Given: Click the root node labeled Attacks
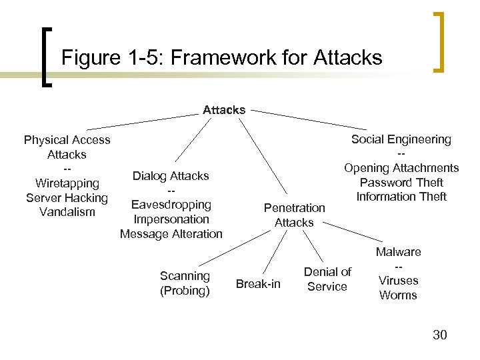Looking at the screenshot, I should click(224, 110).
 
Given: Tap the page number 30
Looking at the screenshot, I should click(439, 335).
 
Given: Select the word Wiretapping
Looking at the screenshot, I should click(67, 183).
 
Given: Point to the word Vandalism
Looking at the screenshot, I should click(67, 212).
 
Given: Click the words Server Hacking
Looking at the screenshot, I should click(67, 198).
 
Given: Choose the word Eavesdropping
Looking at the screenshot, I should click(171, 205).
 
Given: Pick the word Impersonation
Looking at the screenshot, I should click(171, 219).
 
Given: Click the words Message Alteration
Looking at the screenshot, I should click(171, 234).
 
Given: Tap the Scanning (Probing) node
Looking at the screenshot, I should click(185, 283).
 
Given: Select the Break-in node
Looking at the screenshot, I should click(258, 285).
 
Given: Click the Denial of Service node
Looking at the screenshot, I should click(327, 279).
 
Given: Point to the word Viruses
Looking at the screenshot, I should click(398, 281).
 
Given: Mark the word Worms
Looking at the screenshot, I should click(398, 295).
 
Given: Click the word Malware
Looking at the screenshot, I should click(398, 252).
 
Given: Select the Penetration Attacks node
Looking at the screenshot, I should click(294, 215).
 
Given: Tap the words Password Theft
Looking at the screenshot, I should click(401, 183).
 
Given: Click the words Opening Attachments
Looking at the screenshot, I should click(401, 168).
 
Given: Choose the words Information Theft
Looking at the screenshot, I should click(401, 197).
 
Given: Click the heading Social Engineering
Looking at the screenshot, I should click(401, 139).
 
